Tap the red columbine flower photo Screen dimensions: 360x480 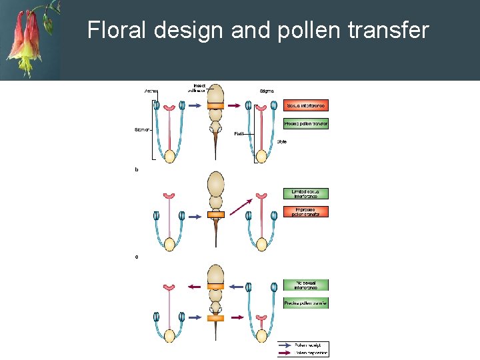(x=30, y=39)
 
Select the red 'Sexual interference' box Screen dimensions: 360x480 (x=306, y=105)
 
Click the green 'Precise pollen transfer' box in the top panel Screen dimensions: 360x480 (x=306, y=124)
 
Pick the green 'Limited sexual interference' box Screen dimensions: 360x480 (x=306, y=193)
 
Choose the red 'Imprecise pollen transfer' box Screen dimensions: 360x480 (x=306, y=211)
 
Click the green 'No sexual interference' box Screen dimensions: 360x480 (x=306, y=285)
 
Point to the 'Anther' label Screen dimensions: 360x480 (x=152, y=91)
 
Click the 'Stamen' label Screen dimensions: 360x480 (x=142, y=129)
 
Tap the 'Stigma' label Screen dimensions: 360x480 (x=267, y=91)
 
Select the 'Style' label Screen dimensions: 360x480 (x=281, y=141)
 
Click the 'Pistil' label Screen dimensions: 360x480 (x=239, y=134)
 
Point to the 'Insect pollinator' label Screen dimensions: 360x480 (x=199, y=87)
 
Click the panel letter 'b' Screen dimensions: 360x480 (x=137, y=170)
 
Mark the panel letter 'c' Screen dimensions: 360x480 (x=137, y=257)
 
